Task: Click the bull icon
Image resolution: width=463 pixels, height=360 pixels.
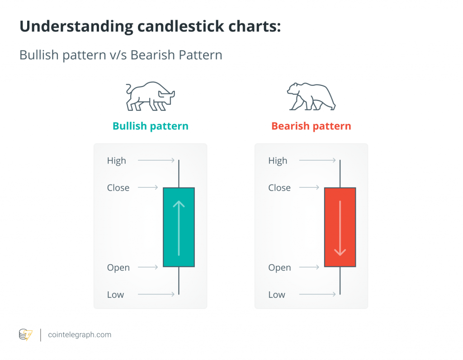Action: [x=150, y=96]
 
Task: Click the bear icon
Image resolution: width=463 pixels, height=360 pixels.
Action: [x=311, y=97]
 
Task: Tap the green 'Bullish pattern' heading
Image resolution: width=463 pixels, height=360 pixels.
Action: [x=151, y=126]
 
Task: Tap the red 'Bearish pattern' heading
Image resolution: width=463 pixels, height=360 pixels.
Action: [x=311, y=126]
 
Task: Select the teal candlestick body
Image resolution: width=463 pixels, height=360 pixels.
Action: [x=179, y=227]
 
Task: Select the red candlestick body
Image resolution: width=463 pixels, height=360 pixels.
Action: [x=340, y=227]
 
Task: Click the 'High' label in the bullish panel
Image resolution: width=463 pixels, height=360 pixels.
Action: [x=117, y=161]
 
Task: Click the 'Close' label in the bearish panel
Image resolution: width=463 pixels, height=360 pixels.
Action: [x=279, y=187]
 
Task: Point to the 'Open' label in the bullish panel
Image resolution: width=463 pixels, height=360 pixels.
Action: [x=118, y=268]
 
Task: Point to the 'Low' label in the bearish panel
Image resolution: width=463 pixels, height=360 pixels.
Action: [x=277, y=295]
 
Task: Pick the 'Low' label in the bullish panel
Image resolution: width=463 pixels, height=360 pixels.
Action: [x=115, y=295]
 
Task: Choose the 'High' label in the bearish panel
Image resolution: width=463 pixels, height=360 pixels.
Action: [x=278, y=161]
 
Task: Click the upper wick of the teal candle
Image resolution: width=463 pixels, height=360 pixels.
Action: [x=179, y=173]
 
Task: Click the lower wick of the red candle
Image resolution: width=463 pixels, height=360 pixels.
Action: [x=340, y=281]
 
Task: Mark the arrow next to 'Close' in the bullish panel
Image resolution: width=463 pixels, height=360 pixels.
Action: [x=148, y=187]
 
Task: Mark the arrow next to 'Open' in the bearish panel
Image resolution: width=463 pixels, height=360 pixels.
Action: [x=309, y=267]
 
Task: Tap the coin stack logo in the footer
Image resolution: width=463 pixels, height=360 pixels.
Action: [x=26, y=335]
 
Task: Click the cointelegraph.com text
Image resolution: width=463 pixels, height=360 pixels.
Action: [x=80, y=335]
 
